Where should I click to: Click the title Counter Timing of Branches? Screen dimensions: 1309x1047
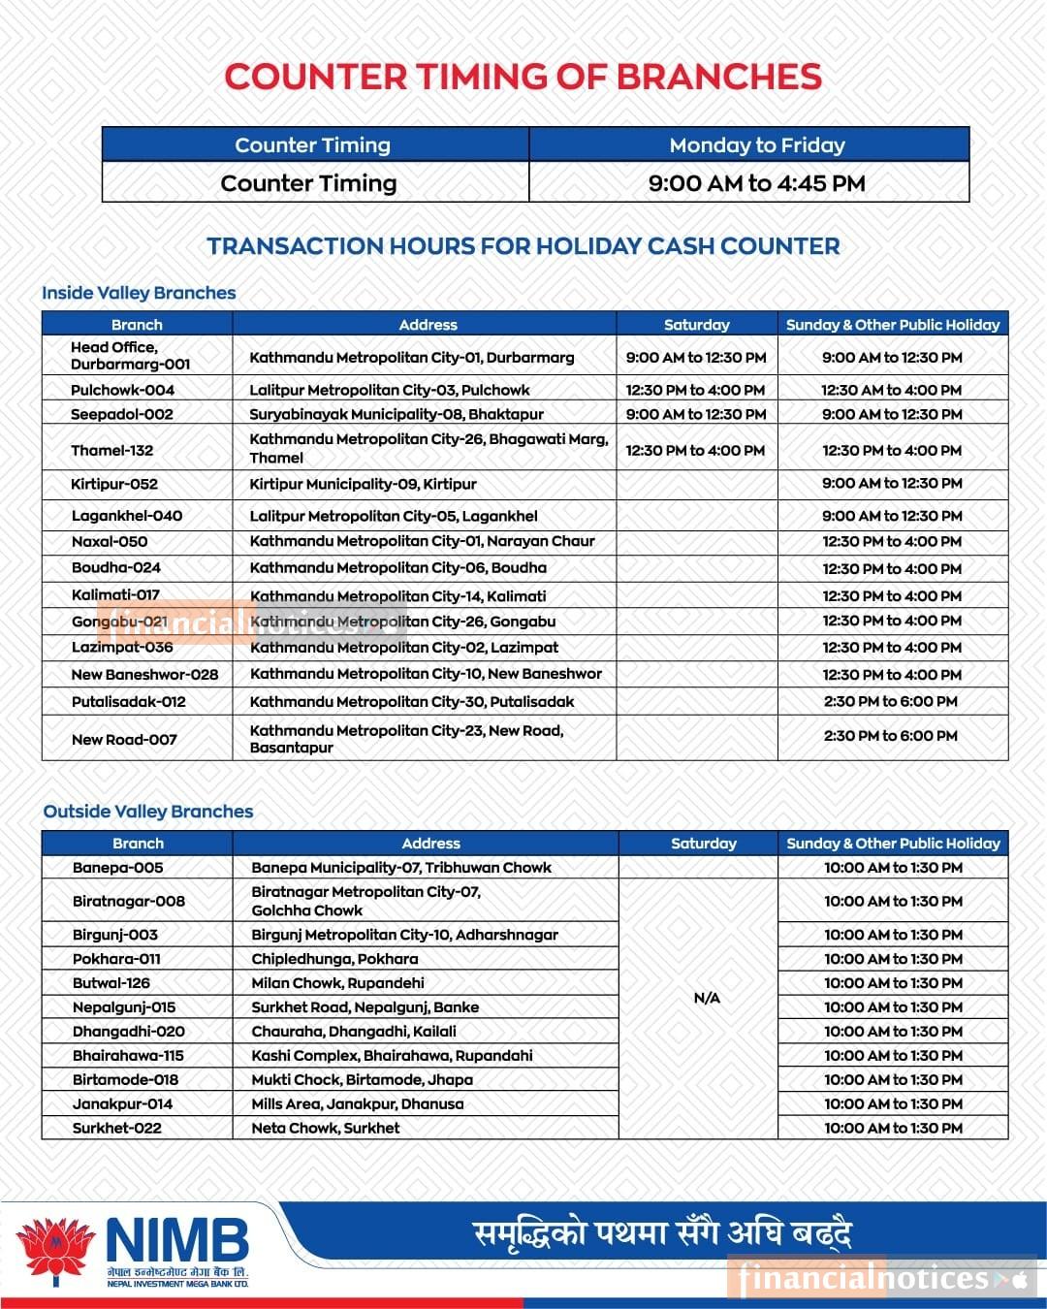pyautogui.click(x=523, y=78)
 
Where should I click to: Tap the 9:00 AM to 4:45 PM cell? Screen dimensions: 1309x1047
pyautogui.click(x=756, y=183)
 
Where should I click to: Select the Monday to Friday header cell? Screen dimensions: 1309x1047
pyautogui.click(x=756, y=145)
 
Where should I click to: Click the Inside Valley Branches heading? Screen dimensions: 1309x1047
pyautogui.click(x=139, y=293)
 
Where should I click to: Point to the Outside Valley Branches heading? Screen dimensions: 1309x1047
pyautogui.click(x=148, y=812)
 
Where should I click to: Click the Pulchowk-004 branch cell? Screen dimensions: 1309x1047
pyautogui.click(x=122, y=390)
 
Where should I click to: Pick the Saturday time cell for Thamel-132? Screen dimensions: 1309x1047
pyautogui.click(x=695, y=450)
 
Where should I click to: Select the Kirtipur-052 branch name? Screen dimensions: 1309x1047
pyautogui.click(x=114, y=484)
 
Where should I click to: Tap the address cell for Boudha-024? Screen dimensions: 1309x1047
pyautogui.click(x=397, y=567)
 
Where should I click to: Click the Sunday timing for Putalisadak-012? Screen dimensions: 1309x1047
pyautogui.click(x=891, y=701)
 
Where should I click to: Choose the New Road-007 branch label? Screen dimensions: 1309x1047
pyautogui.click(x=124, y=739)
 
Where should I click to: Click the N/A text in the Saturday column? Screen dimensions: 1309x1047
pyautogui.click(x=707, y=998)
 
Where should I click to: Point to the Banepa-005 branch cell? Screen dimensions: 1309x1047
pyautogui.click(x=118, y=868)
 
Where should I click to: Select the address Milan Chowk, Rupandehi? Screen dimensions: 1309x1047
pyautogui.click(x=337, y=982)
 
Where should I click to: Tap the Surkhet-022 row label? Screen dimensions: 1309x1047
pyautogui.click(x=117, y=1128)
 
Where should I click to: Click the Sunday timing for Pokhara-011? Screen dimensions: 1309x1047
pyautogui.click(x=893, y=958)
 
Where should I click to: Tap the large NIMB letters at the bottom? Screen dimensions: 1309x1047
pyautogui.click(x=176, y=1241)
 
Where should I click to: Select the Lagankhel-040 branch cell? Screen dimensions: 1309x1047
pyautogui.click(x=127, y=516)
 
